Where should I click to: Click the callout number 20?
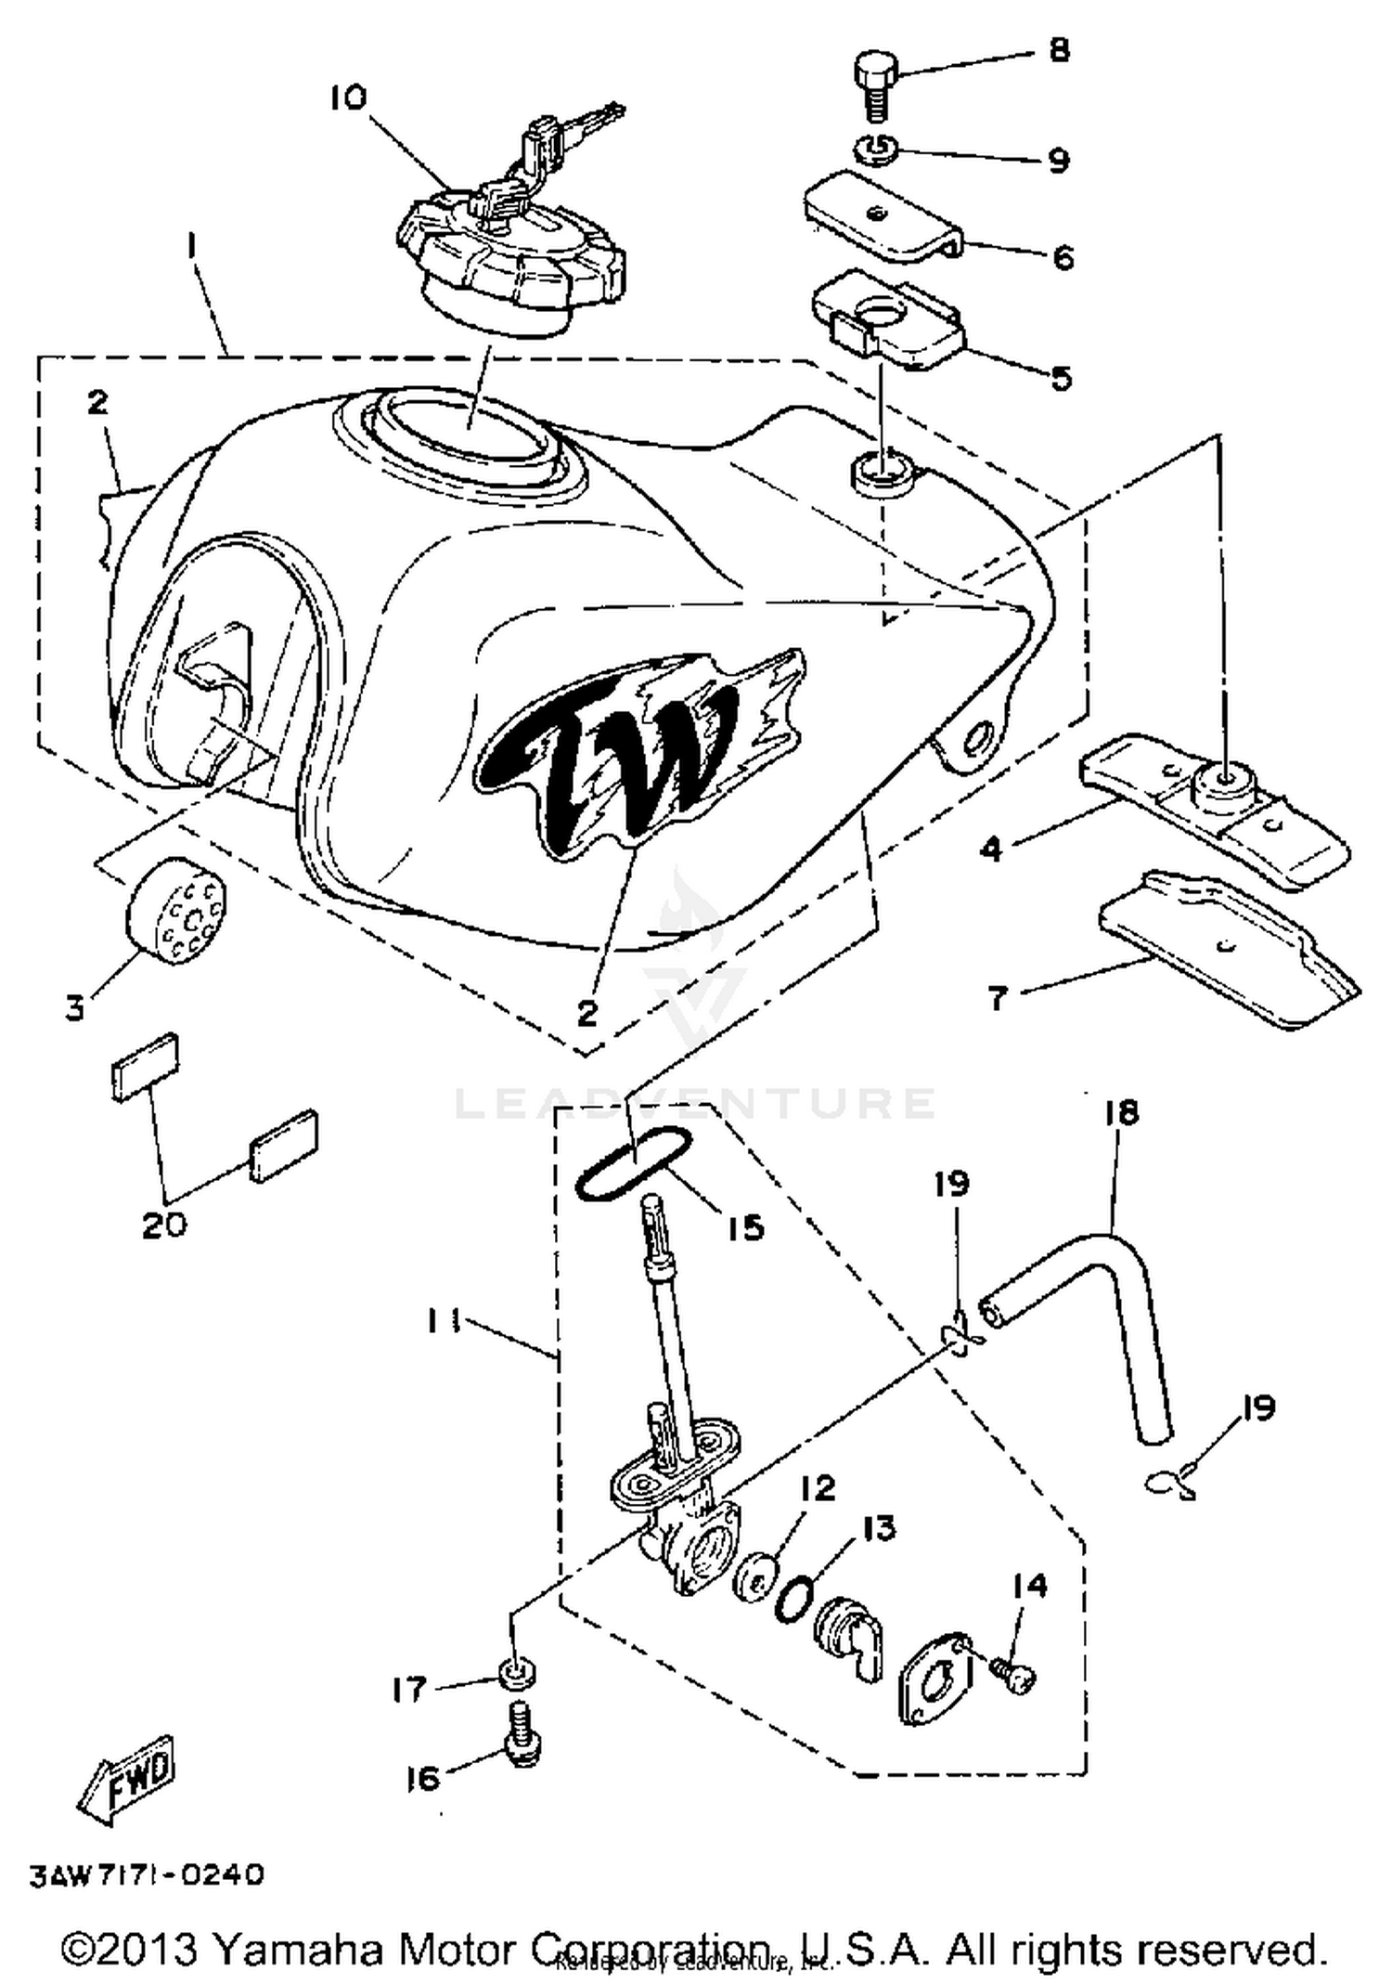point(164,1225)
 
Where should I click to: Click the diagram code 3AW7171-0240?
point(148,1874)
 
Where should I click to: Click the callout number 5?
point(1062,378)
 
